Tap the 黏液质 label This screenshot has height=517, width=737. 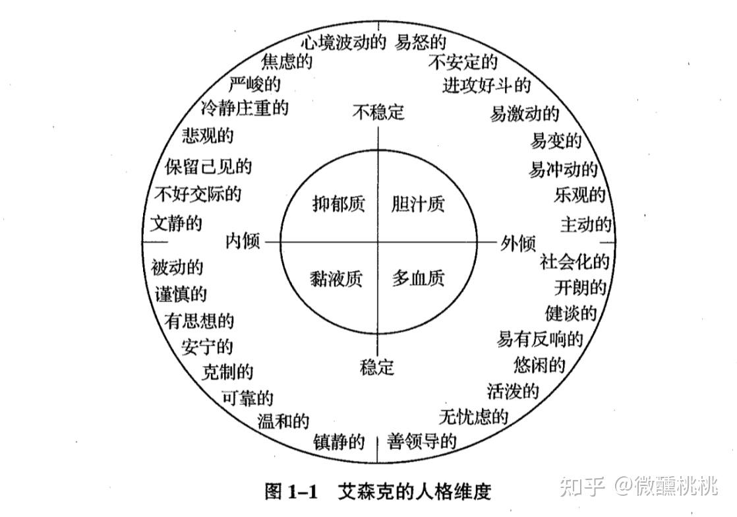coord(336,278)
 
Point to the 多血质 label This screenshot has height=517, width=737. coord(418,278)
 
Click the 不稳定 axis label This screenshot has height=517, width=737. coord(378,112)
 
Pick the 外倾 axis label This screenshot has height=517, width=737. coord(517,243)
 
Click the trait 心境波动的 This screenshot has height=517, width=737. coord(343,43)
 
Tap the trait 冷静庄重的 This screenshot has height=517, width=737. coord(244,107)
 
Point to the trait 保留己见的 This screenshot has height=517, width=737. coord(208,166)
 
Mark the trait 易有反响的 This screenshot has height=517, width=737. coord(540,340)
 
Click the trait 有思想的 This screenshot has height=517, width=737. coord(199,321)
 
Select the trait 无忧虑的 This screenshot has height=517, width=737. coord(473,417)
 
